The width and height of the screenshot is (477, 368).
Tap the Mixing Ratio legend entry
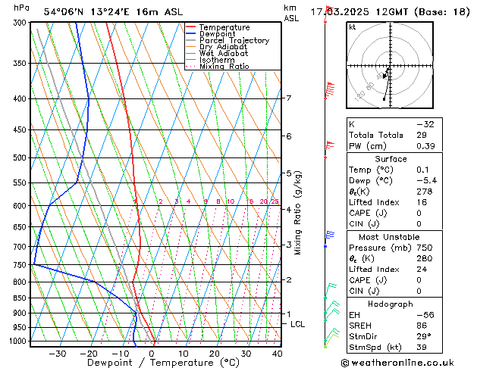point(224,67)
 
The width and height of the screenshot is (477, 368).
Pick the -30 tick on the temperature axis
point(57,354)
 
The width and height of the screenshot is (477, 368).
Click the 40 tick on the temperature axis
point(277,354)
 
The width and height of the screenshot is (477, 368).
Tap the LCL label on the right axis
point(298,324)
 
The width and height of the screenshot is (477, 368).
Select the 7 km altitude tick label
point(288,98)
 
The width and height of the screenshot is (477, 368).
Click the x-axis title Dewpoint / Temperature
point(152,363)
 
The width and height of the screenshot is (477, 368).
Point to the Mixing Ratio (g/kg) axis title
point(298,213)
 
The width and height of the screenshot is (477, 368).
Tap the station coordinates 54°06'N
point(62,12)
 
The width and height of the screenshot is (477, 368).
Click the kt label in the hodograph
point(352,27)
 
